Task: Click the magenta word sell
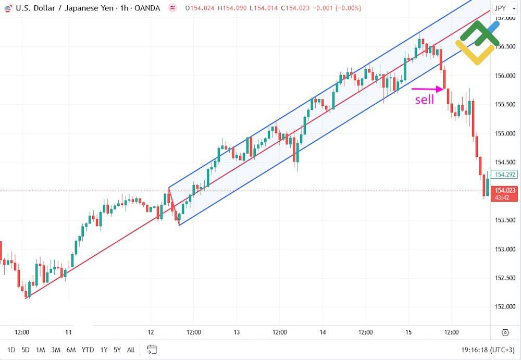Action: coord(424,100)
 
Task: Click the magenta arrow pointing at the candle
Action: coord(427,89)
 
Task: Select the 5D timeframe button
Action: coord(26,350)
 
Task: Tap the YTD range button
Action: coord(88,350)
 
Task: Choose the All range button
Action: coord(131,350)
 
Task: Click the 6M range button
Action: coord(71,350)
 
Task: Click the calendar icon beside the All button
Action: coord(152,349)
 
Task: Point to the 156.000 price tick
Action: coord(505,76)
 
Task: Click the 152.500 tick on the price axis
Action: coord(505,278)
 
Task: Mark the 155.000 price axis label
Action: coord(505,133)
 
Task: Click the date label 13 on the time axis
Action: coord(236,332)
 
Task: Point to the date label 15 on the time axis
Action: coord(408,332)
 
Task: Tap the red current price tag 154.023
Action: coord(504,194)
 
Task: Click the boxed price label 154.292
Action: coord(505,175)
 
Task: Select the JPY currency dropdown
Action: coord(502,8)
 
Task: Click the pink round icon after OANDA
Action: coord(172,8)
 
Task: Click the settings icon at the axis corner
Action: coord(504,332)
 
